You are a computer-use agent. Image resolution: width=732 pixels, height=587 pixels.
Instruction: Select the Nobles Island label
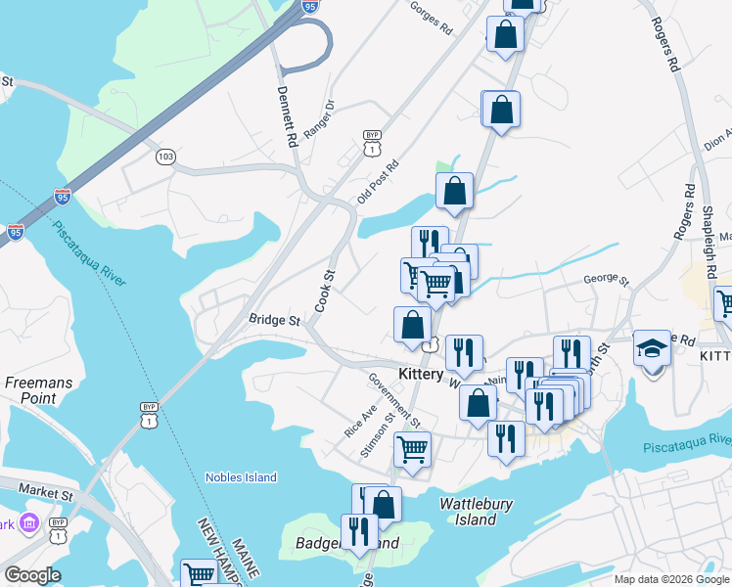241,477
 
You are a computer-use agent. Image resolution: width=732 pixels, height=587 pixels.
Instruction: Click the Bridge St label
274,320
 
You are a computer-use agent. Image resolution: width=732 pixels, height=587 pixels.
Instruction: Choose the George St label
606,279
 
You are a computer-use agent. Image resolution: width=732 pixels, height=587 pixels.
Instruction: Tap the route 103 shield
165,157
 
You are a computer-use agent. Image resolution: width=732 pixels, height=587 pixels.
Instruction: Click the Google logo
32,575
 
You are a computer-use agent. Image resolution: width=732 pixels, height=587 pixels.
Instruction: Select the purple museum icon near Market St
28,523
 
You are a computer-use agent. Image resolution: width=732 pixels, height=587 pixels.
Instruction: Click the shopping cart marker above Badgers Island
412,450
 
